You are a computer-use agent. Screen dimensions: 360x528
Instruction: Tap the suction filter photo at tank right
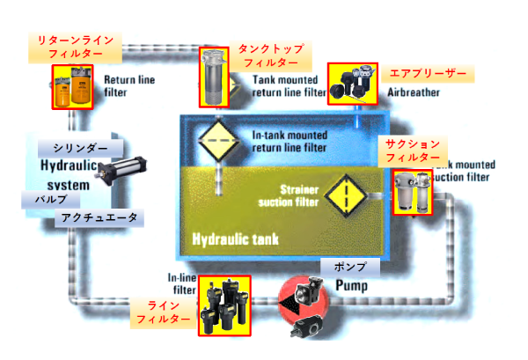click(x=412, y=193)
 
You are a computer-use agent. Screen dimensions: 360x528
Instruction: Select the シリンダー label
click(x=80, y=146)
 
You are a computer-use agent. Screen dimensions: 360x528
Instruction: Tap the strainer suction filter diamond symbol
click(x=346, y=195)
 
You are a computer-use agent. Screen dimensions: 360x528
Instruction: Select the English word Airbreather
click(x=411, y=91)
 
